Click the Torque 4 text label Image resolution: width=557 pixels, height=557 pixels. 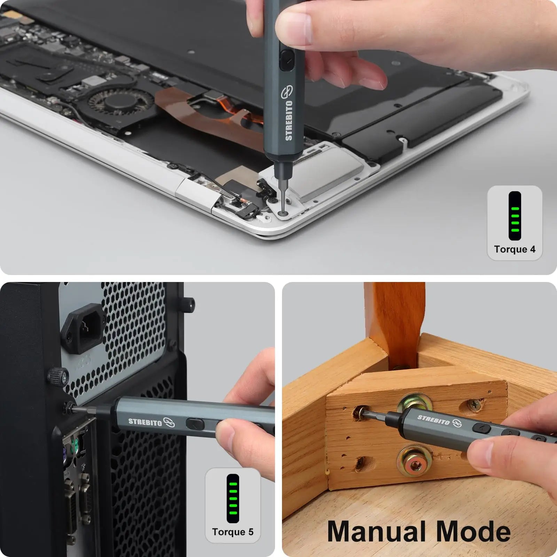pos(515,249)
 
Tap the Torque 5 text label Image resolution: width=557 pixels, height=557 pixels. pos(233,532)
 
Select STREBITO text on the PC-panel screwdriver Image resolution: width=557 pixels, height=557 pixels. pos(145,422)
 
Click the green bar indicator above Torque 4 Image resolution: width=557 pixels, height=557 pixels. pos(515,216)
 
